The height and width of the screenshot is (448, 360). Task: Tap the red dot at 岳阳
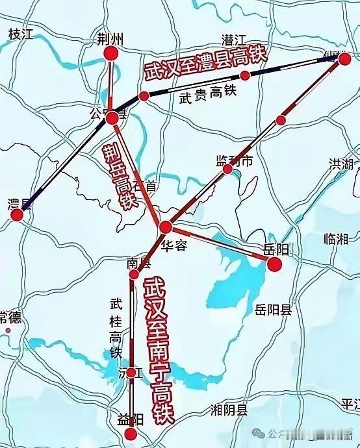[x=274, y=264]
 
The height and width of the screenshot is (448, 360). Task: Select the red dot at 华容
[x=166, y=227]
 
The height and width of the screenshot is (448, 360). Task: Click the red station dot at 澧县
[x=18, y=216]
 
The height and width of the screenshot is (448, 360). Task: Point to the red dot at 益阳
[x=132, y=434]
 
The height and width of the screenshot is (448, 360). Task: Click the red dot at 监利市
[x=228, y=169]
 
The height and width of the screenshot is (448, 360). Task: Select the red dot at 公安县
[x=112, y=118]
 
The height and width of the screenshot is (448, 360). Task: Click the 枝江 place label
[x=20, y=34]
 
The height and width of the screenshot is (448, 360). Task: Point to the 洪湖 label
[x=341, y=164]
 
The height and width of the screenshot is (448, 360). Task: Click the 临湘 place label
[x=336, y=239]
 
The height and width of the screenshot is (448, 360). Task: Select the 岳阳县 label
[x=274, y=309]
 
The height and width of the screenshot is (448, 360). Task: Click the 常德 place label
[x=10, y=318]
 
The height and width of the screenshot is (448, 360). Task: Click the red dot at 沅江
[x=133, y=373]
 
